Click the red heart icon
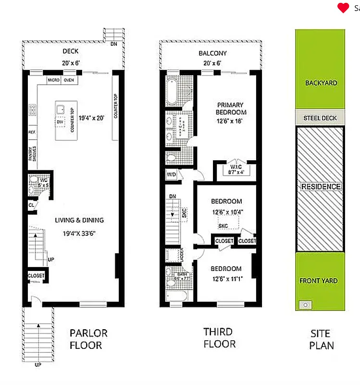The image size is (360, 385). click(343, 8)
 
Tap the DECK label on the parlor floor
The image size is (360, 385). click(71, 51)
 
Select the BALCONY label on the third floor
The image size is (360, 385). click(212, 53)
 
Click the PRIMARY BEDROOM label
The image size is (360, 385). click(230, 108)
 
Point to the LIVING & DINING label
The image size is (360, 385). click(79, 220)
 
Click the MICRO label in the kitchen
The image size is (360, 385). click(53, 80)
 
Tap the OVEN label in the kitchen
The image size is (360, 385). click(69, 80)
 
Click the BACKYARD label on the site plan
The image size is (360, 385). click(321, 83)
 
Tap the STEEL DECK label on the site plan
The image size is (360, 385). click(320, 118)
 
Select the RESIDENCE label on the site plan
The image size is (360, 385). click(321, 187)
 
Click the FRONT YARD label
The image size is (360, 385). click(318, 281)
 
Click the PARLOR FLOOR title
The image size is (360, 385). click(88, 339)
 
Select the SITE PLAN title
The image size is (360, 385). click(321, 339)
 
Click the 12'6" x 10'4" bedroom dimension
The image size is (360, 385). click(226, 212)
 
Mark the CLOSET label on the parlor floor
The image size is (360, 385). click(36, 276)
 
